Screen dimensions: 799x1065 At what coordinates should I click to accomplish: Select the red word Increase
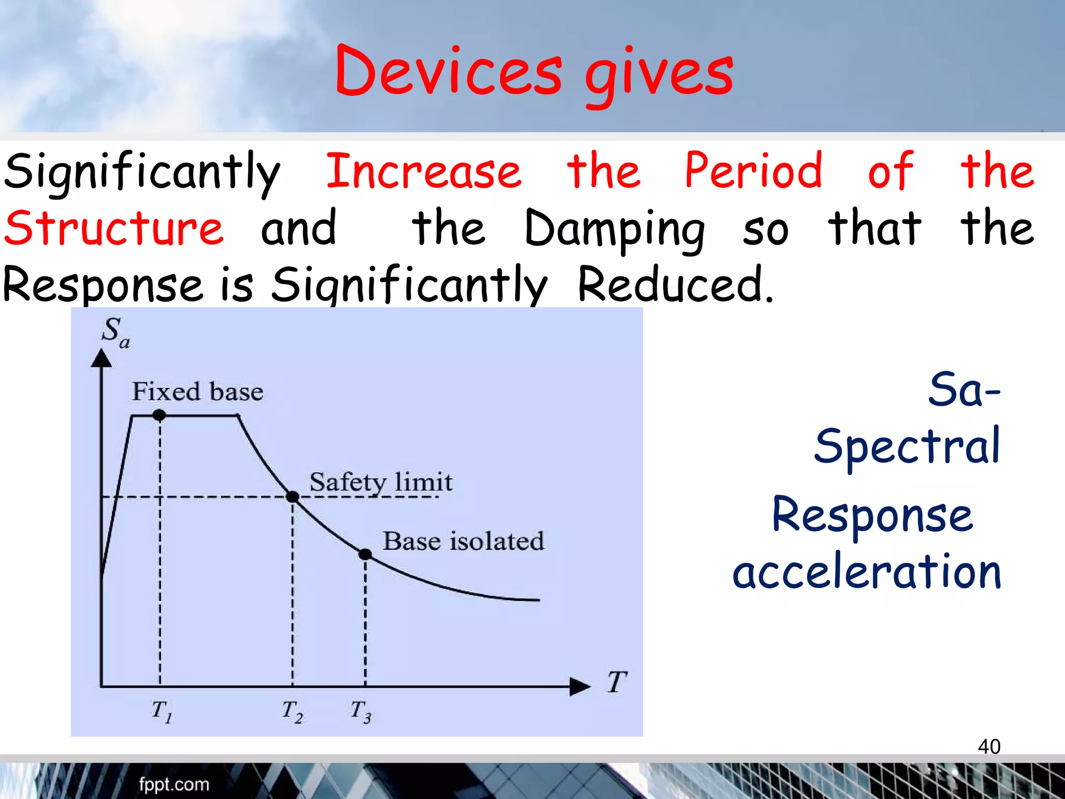(x=423, y=172)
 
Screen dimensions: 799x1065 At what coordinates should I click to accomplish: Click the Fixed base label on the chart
(x=197, y=391)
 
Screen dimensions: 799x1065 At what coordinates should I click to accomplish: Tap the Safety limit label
(x=381, y=482)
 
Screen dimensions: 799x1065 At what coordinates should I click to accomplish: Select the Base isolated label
(x=463, y=541)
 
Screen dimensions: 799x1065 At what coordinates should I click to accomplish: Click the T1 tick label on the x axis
(x=161, y=711)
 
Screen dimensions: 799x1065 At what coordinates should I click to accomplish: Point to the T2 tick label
(x=292, y=711)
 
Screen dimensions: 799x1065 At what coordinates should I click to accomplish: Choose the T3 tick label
(x=360, y=711)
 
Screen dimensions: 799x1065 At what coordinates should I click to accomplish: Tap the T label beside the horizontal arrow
(x=617, y=682)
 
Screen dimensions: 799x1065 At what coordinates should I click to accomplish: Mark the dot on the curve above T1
(x=159, y=415)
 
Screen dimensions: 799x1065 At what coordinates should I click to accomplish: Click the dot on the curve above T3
(x=365, y=555)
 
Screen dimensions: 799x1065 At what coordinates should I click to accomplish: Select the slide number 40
(x=989, y=746)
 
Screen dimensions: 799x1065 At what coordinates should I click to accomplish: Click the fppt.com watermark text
(x=174, y=784)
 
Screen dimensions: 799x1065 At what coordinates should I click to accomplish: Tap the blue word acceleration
(x=866, y=572)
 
